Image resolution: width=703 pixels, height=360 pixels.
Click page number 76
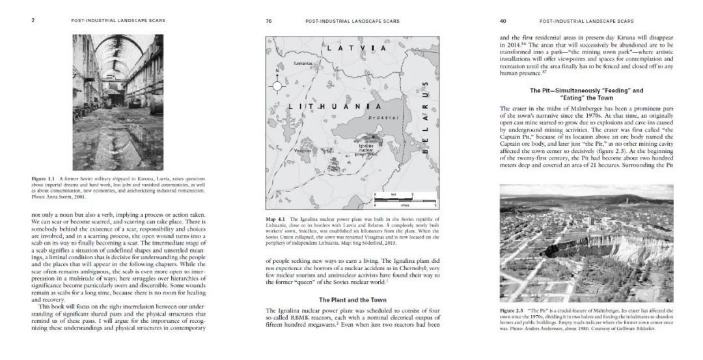click(x=269, y=21)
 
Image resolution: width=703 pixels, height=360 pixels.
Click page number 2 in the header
click(x=32, y=21)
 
